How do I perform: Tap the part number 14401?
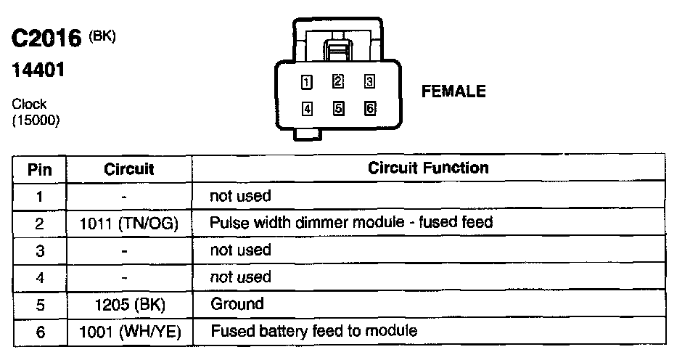coord(38,70)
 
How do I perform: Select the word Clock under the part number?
coord(29,105)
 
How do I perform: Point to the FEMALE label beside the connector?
coord(453,91)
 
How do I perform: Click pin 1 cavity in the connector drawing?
coord(307,81)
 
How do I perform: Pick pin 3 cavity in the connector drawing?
coord(369,81)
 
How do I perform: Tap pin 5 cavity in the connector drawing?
coord(338,109)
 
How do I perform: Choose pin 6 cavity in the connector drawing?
coord(369,109)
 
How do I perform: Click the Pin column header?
coord(39,170)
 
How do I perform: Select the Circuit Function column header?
coord(428,168)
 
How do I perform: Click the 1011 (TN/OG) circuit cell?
coord(128,223)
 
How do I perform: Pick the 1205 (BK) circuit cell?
coord(128,304)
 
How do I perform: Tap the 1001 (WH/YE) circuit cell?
coord(128,332)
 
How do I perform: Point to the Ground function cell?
coord(237,304)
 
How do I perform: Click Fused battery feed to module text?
coord(313,331)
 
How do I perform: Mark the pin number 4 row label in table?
coord(39,277)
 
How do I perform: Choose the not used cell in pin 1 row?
coord(239,195)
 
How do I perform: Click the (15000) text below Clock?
coord(36,120)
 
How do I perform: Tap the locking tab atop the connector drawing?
coord(338,51)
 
